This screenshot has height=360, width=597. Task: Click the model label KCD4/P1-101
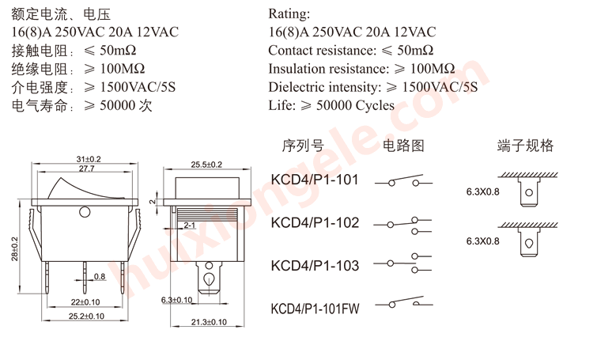pos(315,180)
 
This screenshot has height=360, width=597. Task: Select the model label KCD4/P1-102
pos(315,222)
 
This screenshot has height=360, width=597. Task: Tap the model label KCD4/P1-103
pos(315,265)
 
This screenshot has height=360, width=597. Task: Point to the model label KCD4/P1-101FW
pos(315,308)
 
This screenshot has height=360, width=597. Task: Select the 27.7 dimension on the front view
pos(87,169)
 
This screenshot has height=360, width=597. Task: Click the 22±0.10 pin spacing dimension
pos(86,302)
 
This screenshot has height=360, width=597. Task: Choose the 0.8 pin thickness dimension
pos(100,276)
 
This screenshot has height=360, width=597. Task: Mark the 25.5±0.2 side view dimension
pos(206,164)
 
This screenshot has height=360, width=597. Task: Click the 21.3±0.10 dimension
pos(210,322)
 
